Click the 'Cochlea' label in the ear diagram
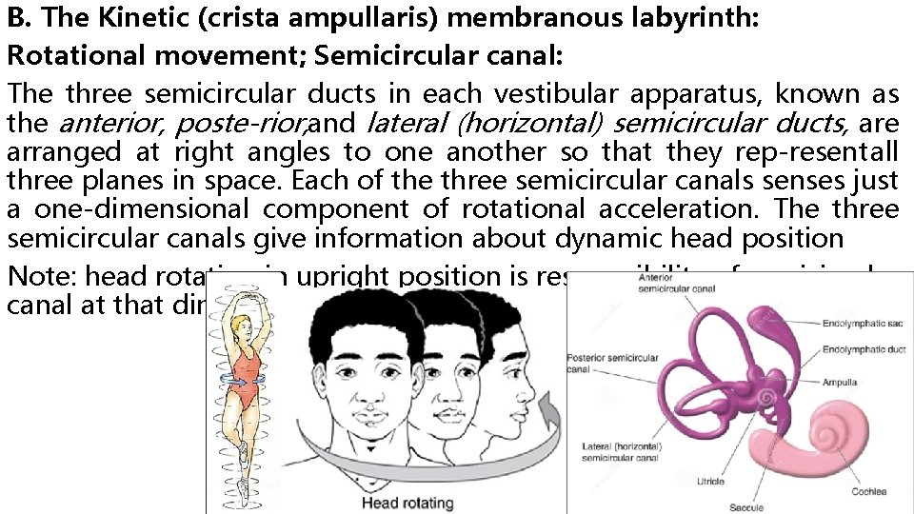(868, 491)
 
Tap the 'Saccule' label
(746, 507)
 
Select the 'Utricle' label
(709, 482)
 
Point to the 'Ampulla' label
(840, 382)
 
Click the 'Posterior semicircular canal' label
(612, 363)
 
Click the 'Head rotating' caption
(407, 502)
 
